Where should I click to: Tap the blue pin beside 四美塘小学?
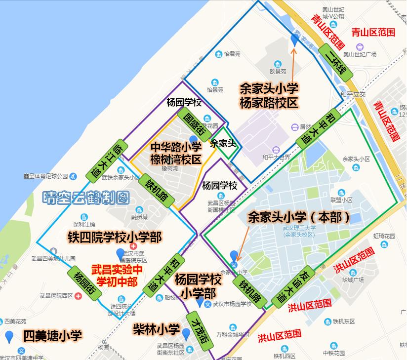pyautogui.click(x=8, y=337)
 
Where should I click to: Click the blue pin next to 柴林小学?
pyautogui.click(x=186, y=334)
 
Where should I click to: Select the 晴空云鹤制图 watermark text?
pyautogui.click(x=86, y=198)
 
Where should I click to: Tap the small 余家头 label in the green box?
pyautogui.click(x=223, y=144)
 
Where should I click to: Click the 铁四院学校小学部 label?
pyautogui.click(x=115, y=238)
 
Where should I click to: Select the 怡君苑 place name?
pyautogui.click(x=232, y=54)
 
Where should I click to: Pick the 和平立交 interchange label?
pyautogui.click(x=352, y=93)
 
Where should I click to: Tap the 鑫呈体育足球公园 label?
pyautogui.click(x=45, y=176)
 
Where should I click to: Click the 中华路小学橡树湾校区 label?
pyautogui.click(x=176, y=153)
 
